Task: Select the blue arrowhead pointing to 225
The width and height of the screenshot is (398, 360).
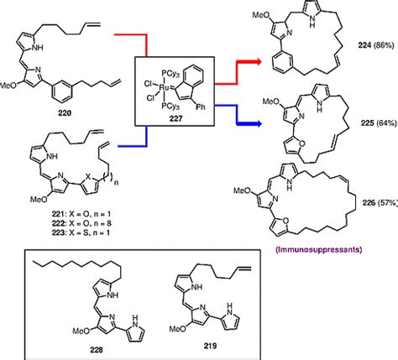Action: pos(267,123)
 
